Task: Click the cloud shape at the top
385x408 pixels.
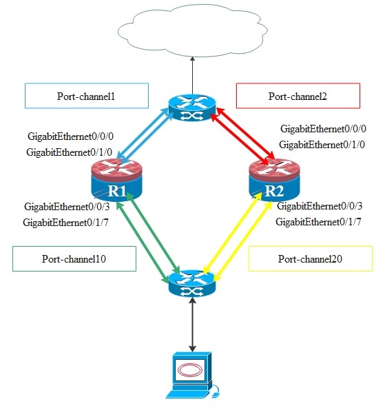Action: [x=192, y=31]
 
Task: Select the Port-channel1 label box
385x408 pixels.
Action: [x=86, y=96]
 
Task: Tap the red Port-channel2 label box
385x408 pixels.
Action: [x=298, y=96]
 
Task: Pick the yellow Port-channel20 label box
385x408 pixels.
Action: [x=310, y=259]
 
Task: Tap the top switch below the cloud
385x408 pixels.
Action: [x=192, y=108]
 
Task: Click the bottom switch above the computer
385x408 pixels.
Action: [x=192, y=281]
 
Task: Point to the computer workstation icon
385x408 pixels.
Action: [x=192, y=376]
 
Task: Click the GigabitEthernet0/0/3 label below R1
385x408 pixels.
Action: [x=67, y=206]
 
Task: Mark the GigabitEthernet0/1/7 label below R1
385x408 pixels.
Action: [x=67, y=222]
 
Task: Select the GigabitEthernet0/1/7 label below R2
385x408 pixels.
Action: [x=319, y=222]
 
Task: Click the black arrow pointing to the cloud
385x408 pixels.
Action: [x=192, y=74]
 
